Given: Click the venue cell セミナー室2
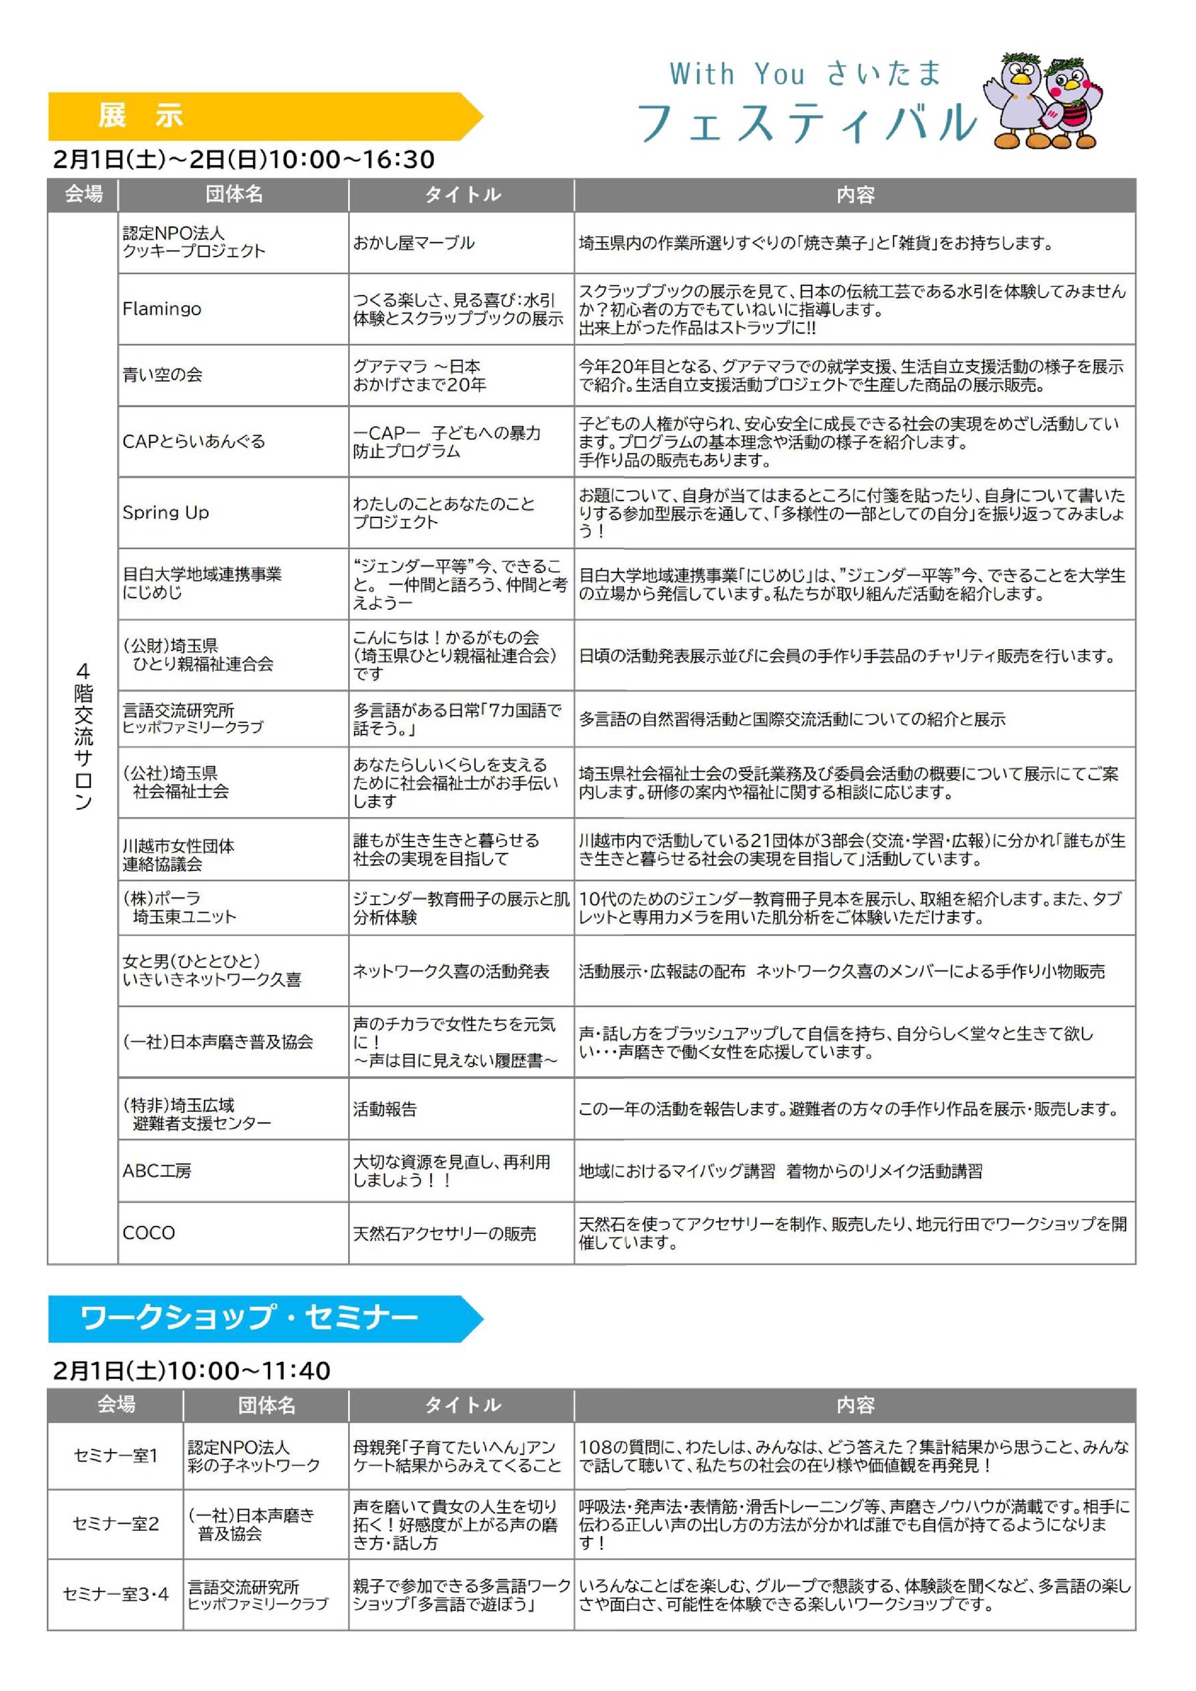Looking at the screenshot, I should click(x=116, y=1523).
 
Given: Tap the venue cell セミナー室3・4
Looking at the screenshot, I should click(x=116, y=1594).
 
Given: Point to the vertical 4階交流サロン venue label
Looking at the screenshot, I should click(x=83, y=736).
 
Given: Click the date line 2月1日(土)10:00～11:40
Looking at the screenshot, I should click(x=191, y=1371).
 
